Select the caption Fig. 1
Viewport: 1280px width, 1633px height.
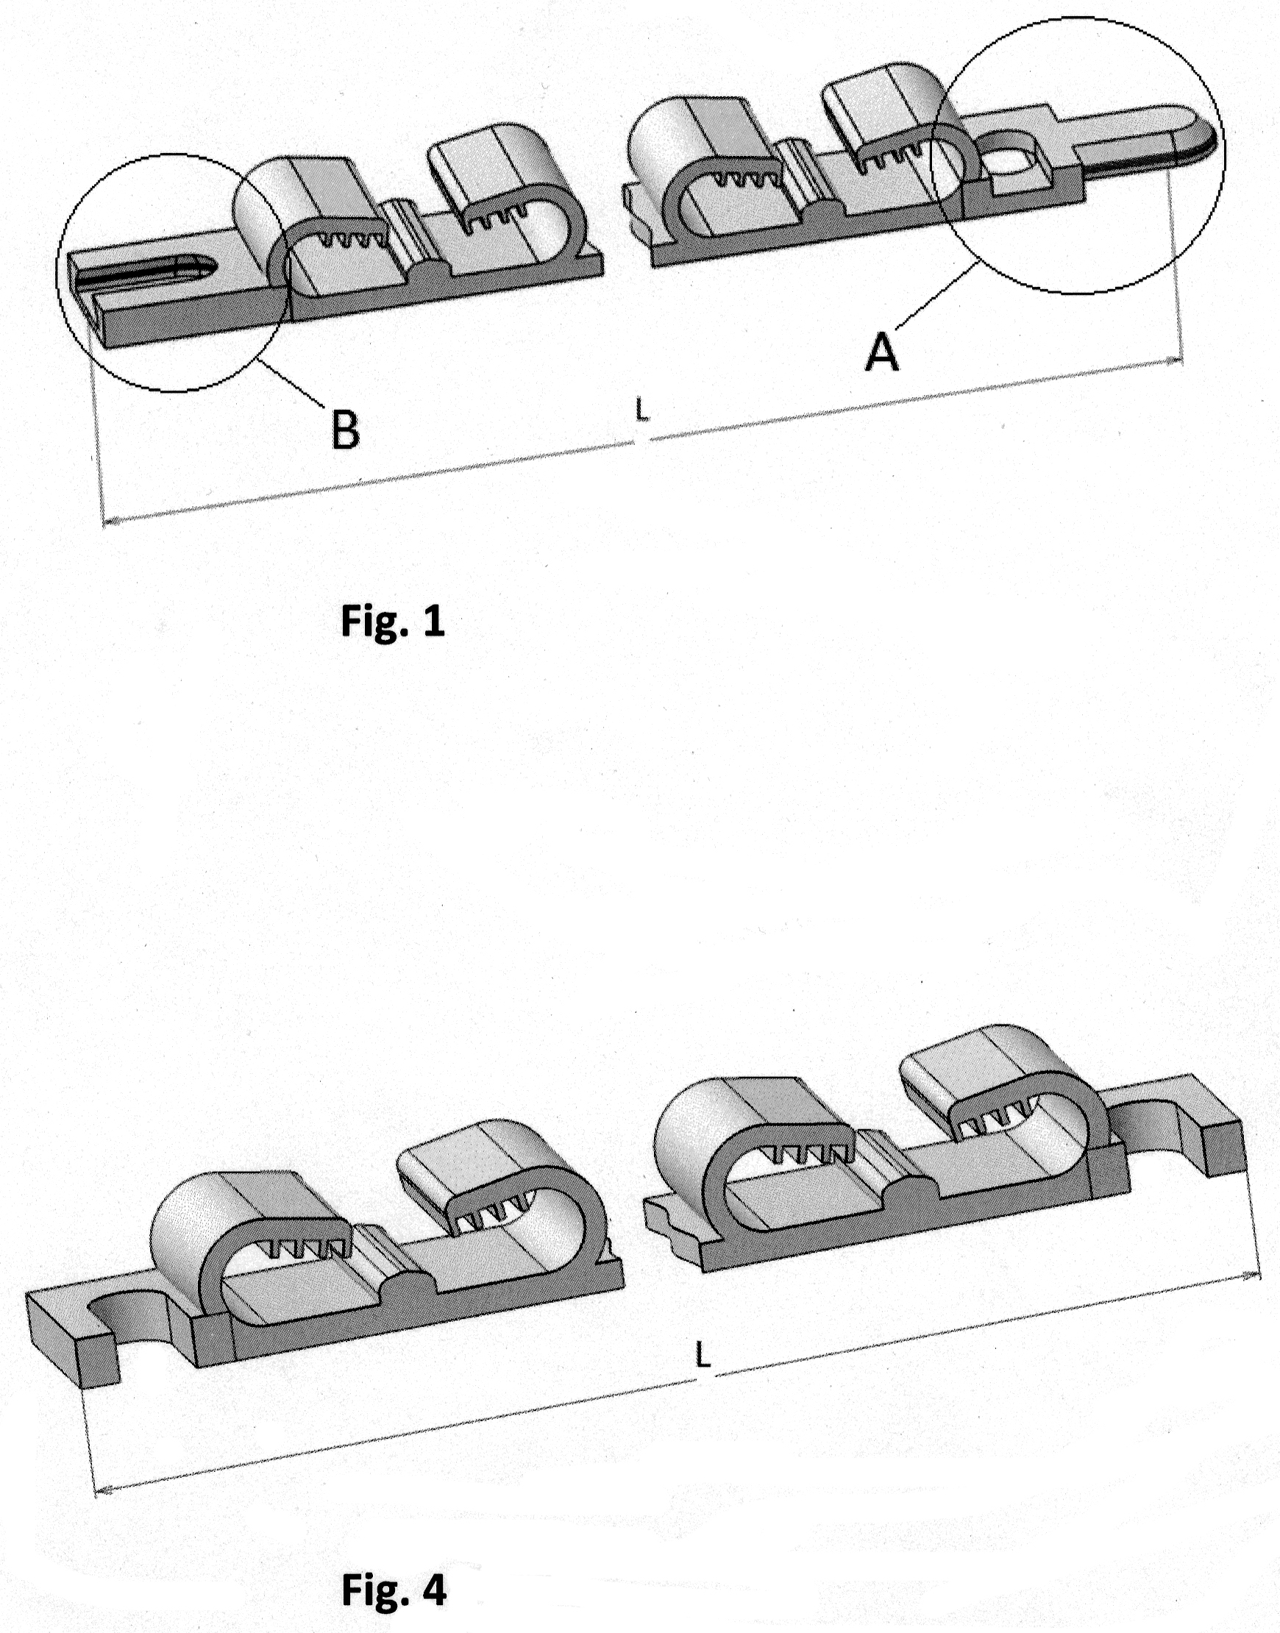(x=393, y=621)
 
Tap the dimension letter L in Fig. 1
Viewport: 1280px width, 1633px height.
(x=641, y=409)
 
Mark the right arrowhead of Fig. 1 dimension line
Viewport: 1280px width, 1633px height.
(x=1178, y=362)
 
